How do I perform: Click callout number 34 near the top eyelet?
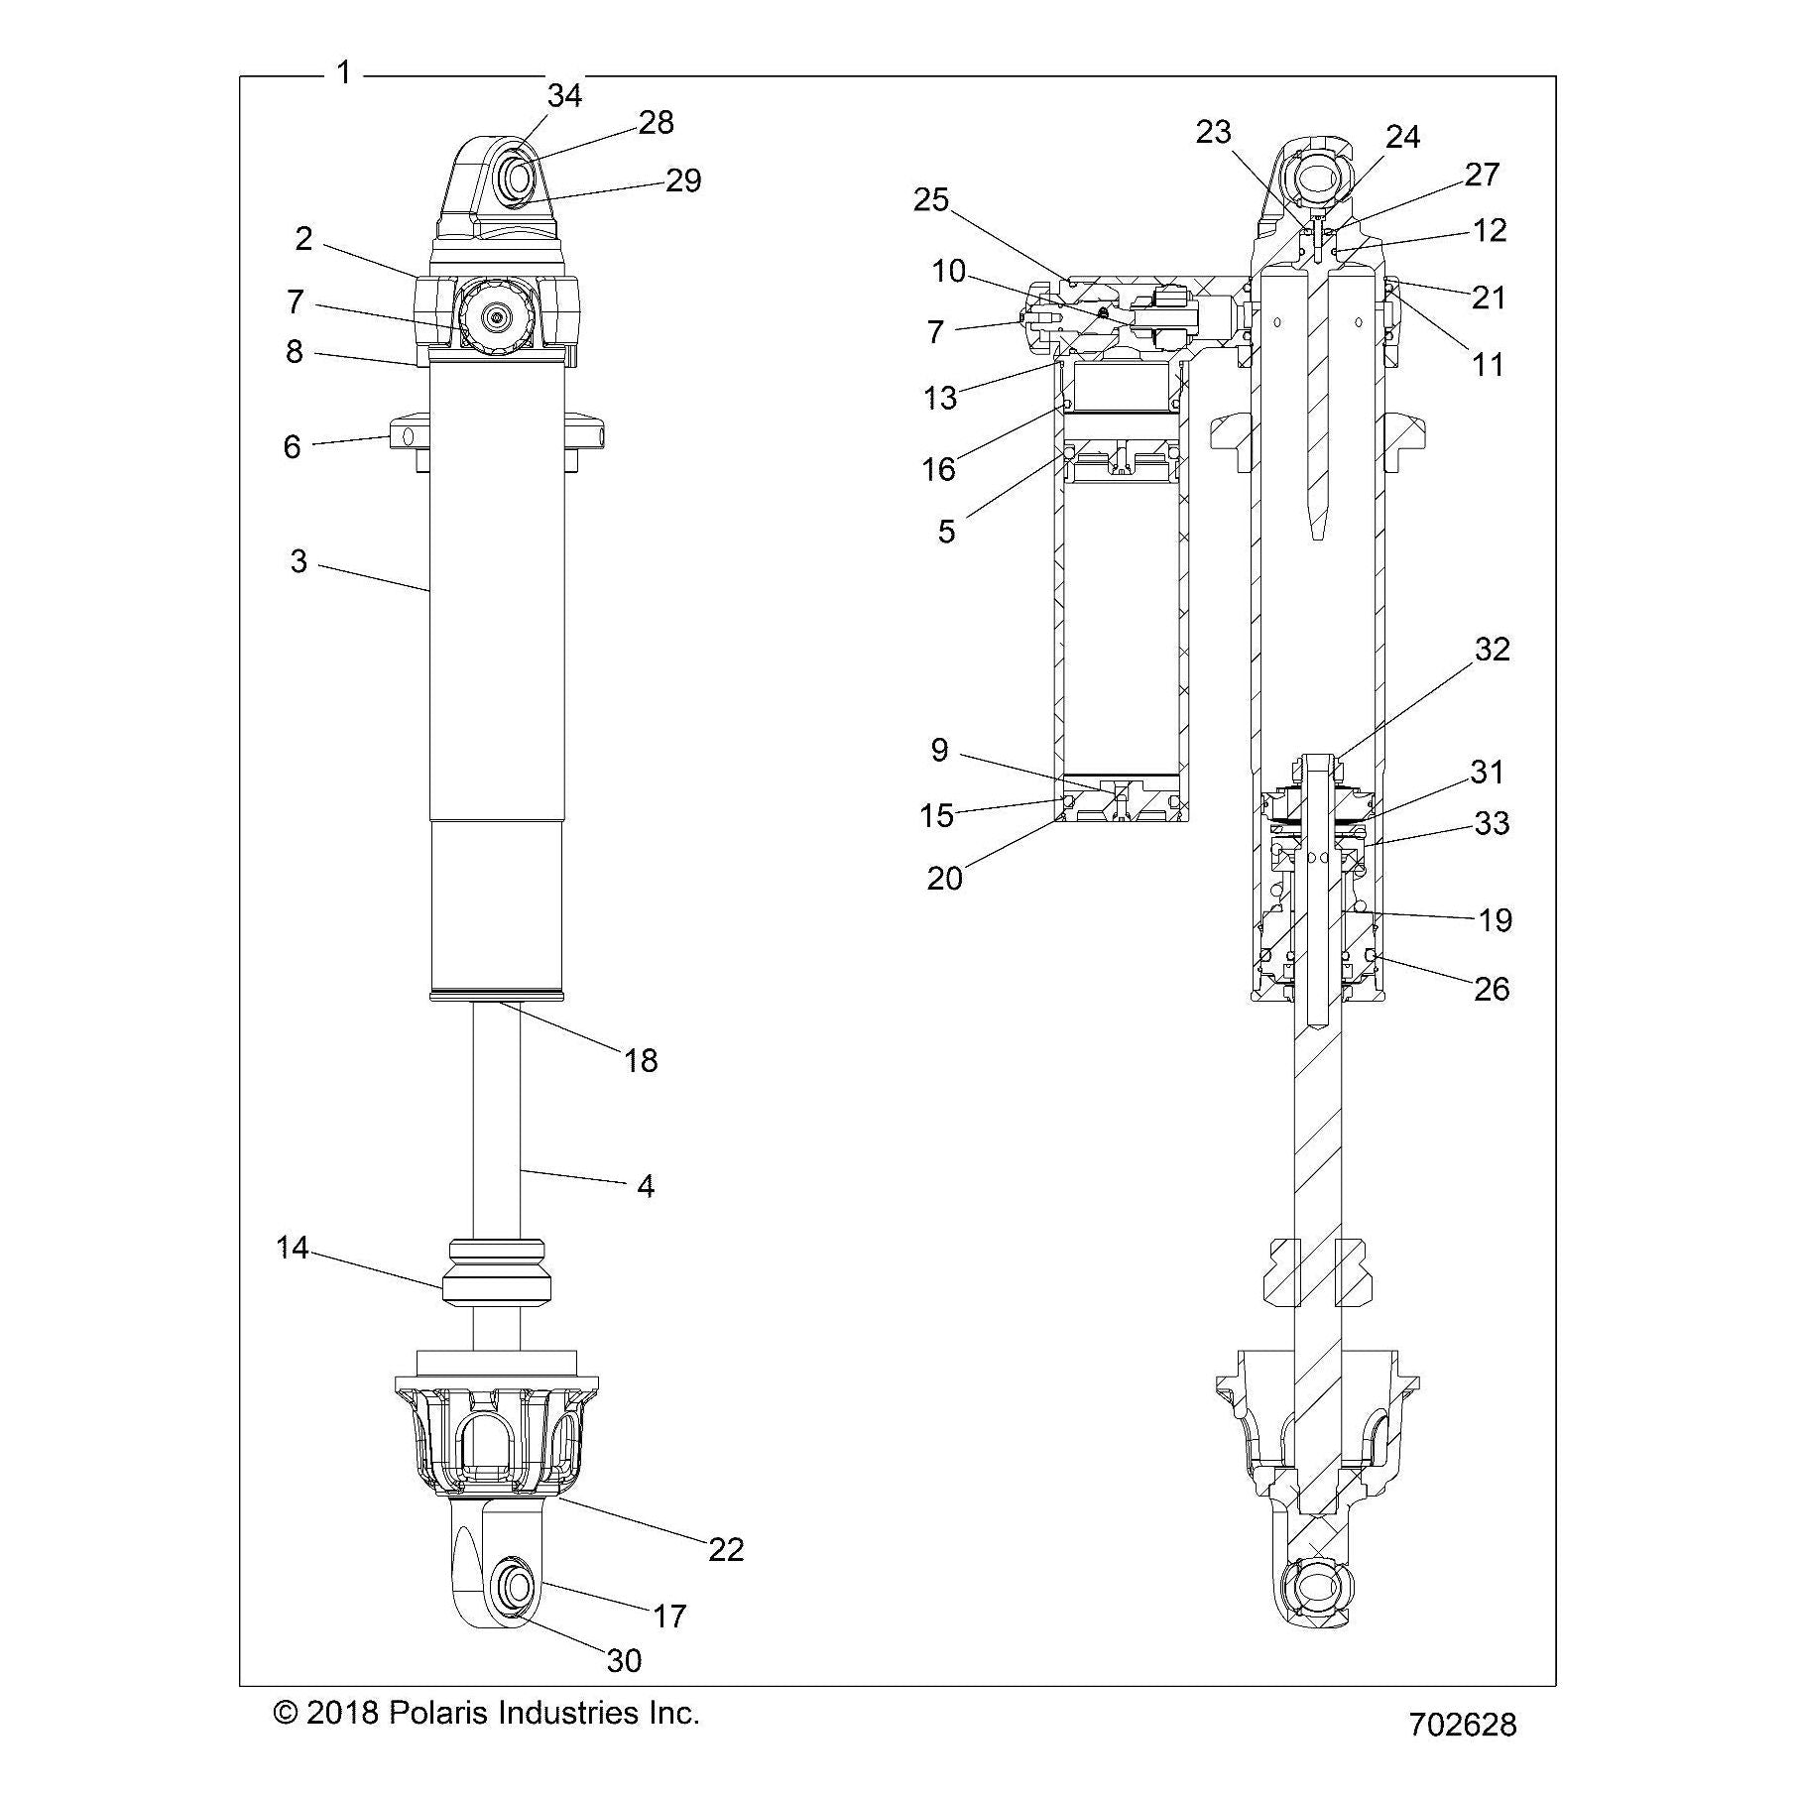tap(564, 95)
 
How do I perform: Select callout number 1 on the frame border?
tap(343, 72)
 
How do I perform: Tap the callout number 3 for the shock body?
tap(299, 561)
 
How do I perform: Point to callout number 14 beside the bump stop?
tap(293, 1248)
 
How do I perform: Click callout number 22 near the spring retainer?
tap(726, 1548)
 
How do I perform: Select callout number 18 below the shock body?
tap(641, 1061)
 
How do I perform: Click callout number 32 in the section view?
tap(1492, 649)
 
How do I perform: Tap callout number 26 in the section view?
tap(1492, 989)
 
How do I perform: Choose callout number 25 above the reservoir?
tap(931, 199)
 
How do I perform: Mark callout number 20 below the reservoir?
tap(944, 879)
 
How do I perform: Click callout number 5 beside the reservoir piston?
tap(946, 532)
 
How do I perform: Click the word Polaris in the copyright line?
tap(436, 1713)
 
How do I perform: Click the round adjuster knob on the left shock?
tap(496, 315)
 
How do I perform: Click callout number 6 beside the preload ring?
tap(292, 446)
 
